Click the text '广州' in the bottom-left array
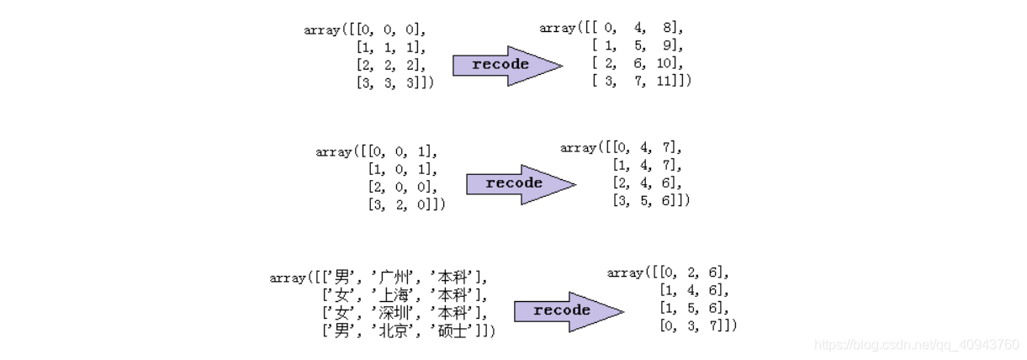click(x=396, y=278)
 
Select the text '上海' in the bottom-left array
click(x=396, y=295)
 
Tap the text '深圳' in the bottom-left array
click(x=396, y=313)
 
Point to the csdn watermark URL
click(x=918, y=345)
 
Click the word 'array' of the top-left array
click(x=321, y=29)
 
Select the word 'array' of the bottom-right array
click(x=624, y=273)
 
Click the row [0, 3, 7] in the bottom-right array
click(x=696, y=326)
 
